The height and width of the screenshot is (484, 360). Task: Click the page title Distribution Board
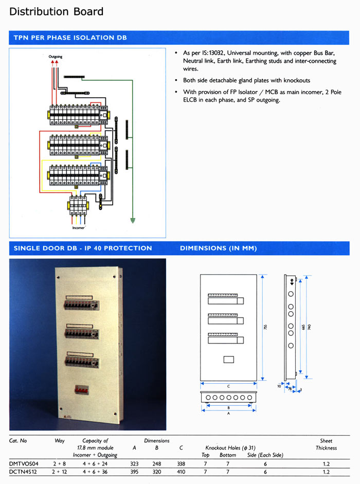(x=57, y=11)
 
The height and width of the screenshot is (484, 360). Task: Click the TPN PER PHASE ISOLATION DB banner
(x=70, y=38)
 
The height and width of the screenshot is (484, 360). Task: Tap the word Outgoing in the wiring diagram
(x=56, y=57)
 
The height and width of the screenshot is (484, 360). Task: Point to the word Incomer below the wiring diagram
(x=78, y=227)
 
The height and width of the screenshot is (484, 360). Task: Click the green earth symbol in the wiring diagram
(x=133, y=220)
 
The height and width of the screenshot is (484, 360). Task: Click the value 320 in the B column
(x=157, y=471)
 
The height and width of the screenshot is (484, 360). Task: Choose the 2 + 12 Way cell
(x=60, y=471)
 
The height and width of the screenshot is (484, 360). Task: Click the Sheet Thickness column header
(x=326, y=444)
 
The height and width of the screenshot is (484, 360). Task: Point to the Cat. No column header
(x=18, y=441)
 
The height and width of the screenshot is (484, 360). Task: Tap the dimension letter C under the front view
(x=227, y=386)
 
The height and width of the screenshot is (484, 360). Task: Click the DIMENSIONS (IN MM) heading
(x=219, y=248)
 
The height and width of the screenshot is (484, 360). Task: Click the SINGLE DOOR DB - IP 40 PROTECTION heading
(x=83, y=248)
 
